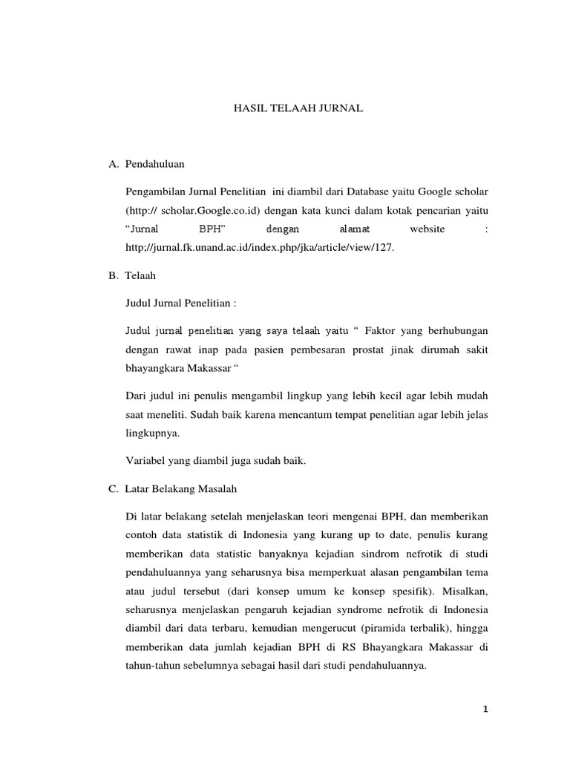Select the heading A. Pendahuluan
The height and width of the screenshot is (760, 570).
coord(147,163)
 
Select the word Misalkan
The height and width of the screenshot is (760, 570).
coord(462,592)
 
